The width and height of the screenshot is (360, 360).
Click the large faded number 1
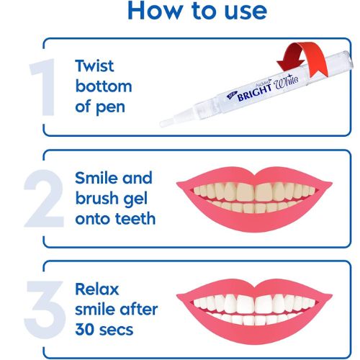[x=43, y=87]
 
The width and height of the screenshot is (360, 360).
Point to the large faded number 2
[x=44, y=198]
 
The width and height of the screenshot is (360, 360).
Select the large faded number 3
[x=45, y=310]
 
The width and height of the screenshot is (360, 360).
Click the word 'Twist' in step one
[x=94, y=66]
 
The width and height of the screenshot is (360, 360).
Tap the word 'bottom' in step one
[x=104, y=86]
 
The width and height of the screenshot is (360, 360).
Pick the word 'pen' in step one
[x=111, y=108]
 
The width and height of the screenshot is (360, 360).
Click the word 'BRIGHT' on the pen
[x=254, y=93]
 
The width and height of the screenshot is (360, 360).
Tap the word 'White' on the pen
[x=287, y=81]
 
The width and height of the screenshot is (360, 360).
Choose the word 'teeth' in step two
[x=135, y=219]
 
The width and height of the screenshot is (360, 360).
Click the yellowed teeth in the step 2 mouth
[x=254, y=197]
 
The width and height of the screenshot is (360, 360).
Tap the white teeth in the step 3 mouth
[x=254, y=308]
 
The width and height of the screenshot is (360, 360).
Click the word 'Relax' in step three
[x=97, y=289]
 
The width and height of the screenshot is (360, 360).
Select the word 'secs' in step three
[x=116, y=330]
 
